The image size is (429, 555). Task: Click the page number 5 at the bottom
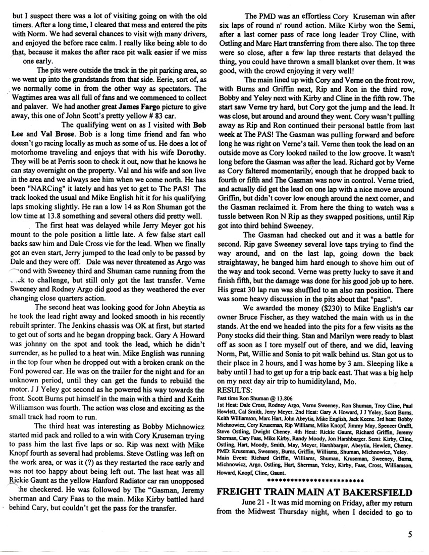pyautogui.click(x=412, y=537)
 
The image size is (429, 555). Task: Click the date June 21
pyautogui.click(x=257, y=504)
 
